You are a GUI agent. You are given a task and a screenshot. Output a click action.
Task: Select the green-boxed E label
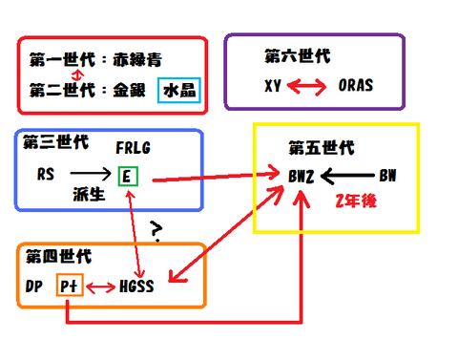(x=127, y=176)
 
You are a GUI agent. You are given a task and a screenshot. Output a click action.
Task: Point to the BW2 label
(x=304, y=177)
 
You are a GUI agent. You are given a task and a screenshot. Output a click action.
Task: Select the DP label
(x=33, y=286)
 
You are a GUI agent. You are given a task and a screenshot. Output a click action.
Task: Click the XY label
(x=275, y=85)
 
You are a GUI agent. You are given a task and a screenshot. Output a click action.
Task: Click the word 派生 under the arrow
(x=87, y=194)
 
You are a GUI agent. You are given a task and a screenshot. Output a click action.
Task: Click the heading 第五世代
(x=321, y=148)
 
